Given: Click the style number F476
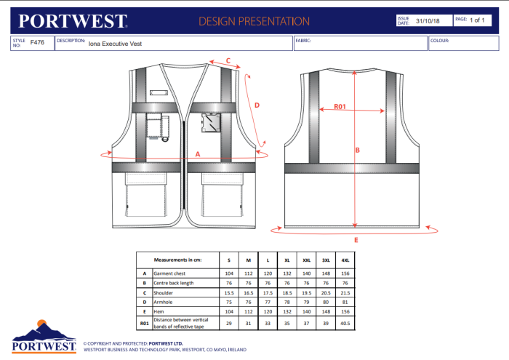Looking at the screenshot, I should [x=37, y=44].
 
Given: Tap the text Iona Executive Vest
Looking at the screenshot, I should [x=115, y=44].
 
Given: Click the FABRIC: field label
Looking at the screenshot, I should [x=303, y=41].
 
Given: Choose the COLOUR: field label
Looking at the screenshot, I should [x=439, y=41].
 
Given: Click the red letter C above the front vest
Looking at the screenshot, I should [x=228, y=60].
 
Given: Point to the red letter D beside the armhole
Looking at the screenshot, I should [x=257, y=105].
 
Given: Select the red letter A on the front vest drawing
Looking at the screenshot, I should [x=198, y=153].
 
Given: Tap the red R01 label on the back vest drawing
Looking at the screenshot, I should [x=340, y=107].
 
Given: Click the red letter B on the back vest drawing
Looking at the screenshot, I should [x=357, y=151].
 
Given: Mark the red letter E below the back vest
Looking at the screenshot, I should [x=356, y=240].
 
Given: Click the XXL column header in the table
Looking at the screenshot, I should [x=307, y=260].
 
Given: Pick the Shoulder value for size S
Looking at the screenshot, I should [x=228, y=291].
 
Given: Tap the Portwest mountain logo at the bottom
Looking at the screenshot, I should [x=44, y=337].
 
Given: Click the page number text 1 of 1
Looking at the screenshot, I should [x=478, y=20].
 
